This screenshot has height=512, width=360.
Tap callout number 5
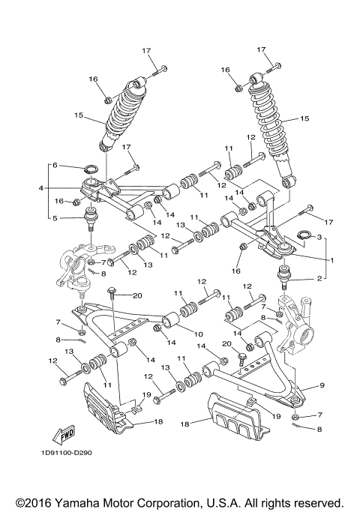[54, 218]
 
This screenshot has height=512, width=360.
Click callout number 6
[54, 165]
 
